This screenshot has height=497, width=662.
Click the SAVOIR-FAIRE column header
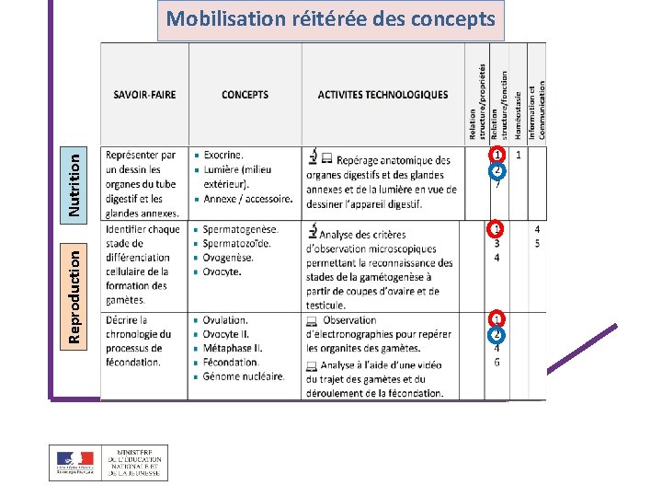[x=144, y=95]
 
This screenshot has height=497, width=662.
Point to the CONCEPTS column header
[x=245, y=95]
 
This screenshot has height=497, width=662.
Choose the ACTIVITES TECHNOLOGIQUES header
[x=382, y=95]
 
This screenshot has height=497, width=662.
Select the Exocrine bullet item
[x=223, y=156]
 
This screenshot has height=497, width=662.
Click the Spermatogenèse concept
[x=240, y=229]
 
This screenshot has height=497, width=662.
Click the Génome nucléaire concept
[x=244, y=376]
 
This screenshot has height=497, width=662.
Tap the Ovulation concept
[x=226, y=319]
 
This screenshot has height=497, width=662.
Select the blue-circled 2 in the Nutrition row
[x=496, y=169]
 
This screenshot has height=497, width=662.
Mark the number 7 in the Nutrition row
[x=497, y=184]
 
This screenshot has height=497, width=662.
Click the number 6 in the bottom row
[x=497, y=363]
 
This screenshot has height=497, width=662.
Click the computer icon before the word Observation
[x=312, y=320]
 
